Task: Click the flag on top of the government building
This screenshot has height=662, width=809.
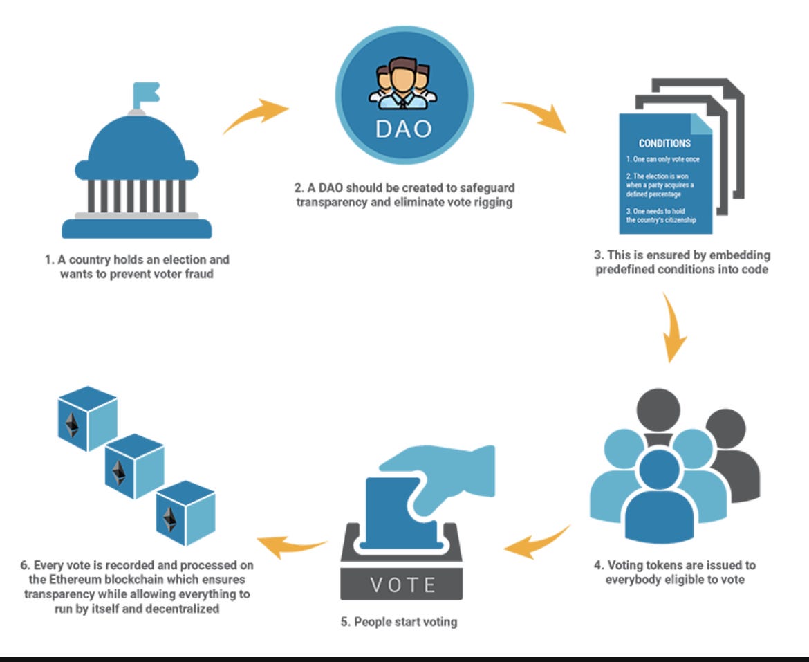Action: tap(145, 91)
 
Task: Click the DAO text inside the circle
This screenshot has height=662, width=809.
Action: tap(404, 129)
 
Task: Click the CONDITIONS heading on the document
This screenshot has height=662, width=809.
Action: tap(664, 144)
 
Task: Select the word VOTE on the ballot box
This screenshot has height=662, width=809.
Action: tap(403, 585)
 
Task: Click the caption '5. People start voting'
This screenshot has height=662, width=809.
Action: tap(399, 622)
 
